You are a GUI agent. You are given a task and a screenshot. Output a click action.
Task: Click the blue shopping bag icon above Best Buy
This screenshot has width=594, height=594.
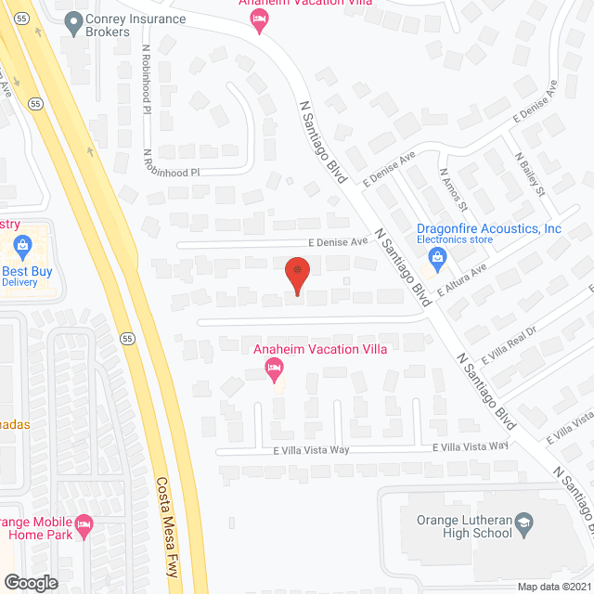coord(23,247)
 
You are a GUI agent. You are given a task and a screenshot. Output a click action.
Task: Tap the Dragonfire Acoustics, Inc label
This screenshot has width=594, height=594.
coord(488,228)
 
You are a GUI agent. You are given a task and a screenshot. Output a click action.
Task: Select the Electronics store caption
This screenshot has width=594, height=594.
coord(454,239)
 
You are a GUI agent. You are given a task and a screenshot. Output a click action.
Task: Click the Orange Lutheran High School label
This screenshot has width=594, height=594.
coord(464,526)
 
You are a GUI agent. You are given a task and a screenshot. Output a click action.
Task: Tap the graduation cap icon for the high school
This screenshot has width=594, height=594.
coord(523,522)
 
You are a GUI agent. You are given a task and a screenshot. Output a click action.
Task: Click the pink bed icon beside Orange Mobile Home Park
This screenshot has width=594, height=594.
coord(84,524)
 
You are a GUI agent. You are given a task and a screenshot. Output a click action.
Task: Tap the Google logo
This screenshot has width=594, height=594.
coord(31,582)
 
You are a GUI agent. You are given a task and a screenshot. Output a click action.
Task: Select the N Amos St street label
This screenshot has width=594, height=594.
coord(454,188)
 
